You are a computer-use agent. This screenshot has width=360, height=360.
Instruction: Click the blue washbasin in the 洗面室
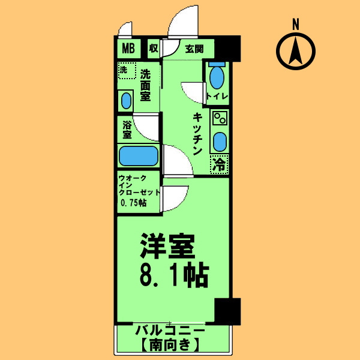(126, 100)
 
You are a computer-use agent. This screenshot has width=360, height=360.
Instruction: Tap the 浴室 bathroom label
(127, 130)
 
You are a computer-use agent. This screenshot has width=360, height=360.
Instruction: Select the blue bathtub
(138, 156)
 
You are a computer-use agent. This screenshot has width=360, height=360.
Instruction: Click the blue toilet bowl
(217, 78)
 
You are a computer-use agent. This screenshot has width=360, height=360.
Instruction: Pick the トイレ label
(215, 97)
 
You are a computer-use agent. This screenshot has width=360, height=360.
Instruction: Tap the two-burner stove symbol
(219, 118)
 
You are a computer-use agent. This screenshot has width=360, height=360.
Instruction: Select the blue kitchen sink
(220, 142)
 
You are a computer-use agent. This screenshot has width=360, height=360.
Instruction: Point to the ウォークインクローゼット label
(139, 185)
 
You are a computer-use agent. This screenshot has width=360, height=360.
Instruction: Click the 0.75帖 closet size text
(133, 203)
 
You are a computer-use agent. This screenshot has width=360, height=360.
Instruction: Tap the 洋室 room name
(169, 246)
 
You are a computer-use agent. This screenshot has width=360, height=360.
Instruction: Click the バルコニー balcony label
(170, 331)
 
